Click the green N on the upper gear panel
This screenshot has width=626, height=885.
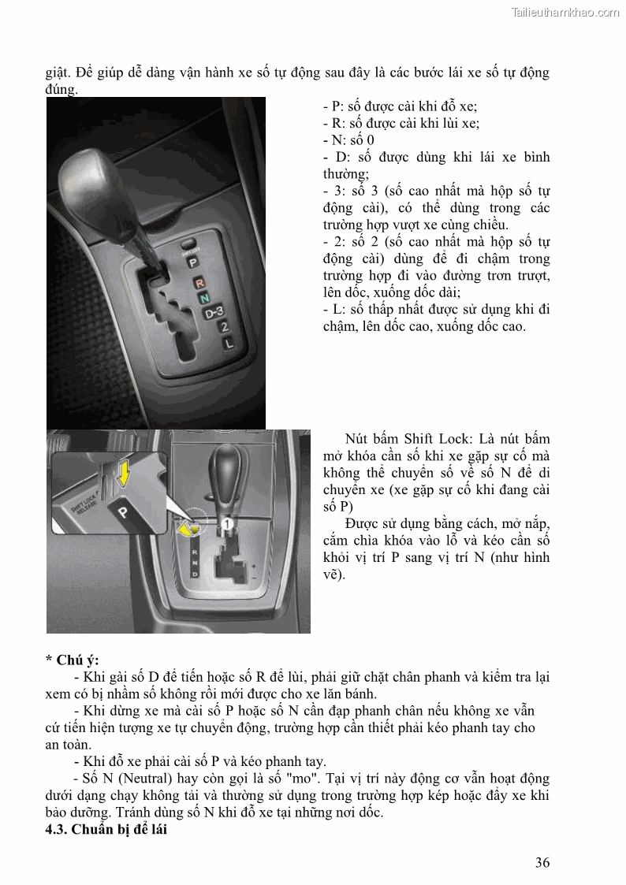[204, 299]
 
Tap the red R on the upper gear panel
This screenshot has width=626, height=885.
[199, 282]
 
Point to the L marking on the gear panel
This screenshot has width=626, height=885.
[229, 343]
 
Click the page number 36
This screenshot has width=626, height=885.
[542, 861]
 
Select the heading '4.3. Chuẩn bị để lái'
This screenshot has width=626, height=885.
[106, 830]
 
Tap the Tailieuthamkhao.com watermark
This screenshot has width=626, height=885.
[565, 12]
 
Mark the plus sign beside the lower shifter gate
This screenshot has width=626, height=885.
[252, 566]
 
